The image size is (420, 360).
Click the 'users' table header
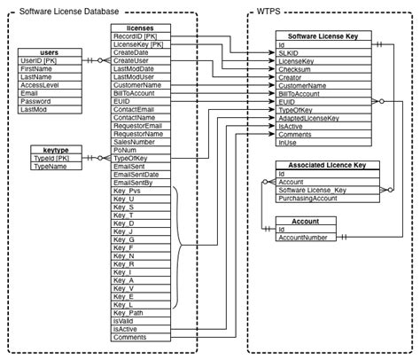click(x=51, y=52)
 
